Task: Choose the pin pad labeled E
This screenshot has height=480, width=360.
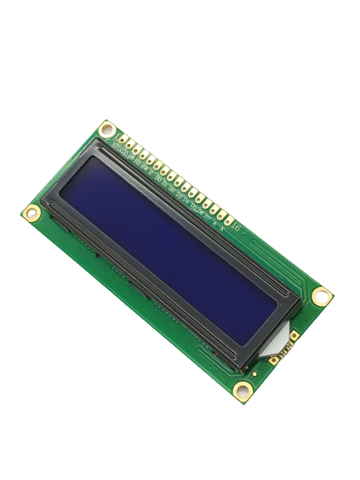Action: [x=157, y=163]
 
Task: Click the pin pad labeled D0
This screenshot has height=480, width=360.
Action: [x=164, y=168]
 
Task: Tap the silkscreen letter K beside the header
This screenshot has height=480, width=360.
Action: [x=221, y=224]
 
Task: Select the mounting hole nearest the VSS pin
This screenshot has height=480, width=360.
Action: [x=106, y=129]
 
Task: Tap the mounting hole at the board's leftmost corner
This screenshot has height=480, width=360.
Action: [x=32, y=213]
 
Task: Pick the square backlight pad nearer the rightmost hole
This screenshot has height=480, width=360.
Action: [x=293, y=336]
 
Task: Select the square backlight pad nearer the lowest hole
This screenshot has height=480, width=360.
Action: [x=274, y=360]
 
